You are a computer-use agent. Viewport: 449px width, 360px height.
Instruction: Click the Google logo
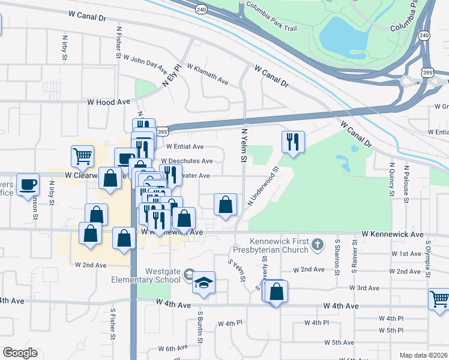[20, 353]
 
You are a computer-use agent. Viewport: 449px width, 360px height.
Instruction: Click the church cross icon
[318, 244]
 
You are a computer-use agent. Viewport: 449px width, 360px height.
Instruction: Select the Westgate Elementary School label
[146, 275]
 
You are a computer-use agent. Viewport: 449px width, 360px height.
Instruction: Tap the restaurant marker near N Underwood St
[293, 142]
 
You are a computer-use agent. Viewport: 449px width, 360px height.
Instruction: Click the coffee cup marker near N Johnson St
[28, 184]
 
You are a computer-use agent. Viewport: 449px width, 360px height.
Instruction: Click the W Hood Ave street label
[109, 103]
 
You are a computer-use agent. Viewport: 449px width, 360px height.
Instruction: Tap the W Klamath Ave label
[208, 74]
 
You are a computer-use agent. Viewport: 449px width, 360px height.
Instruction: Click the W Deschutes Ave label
[187, 161]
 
